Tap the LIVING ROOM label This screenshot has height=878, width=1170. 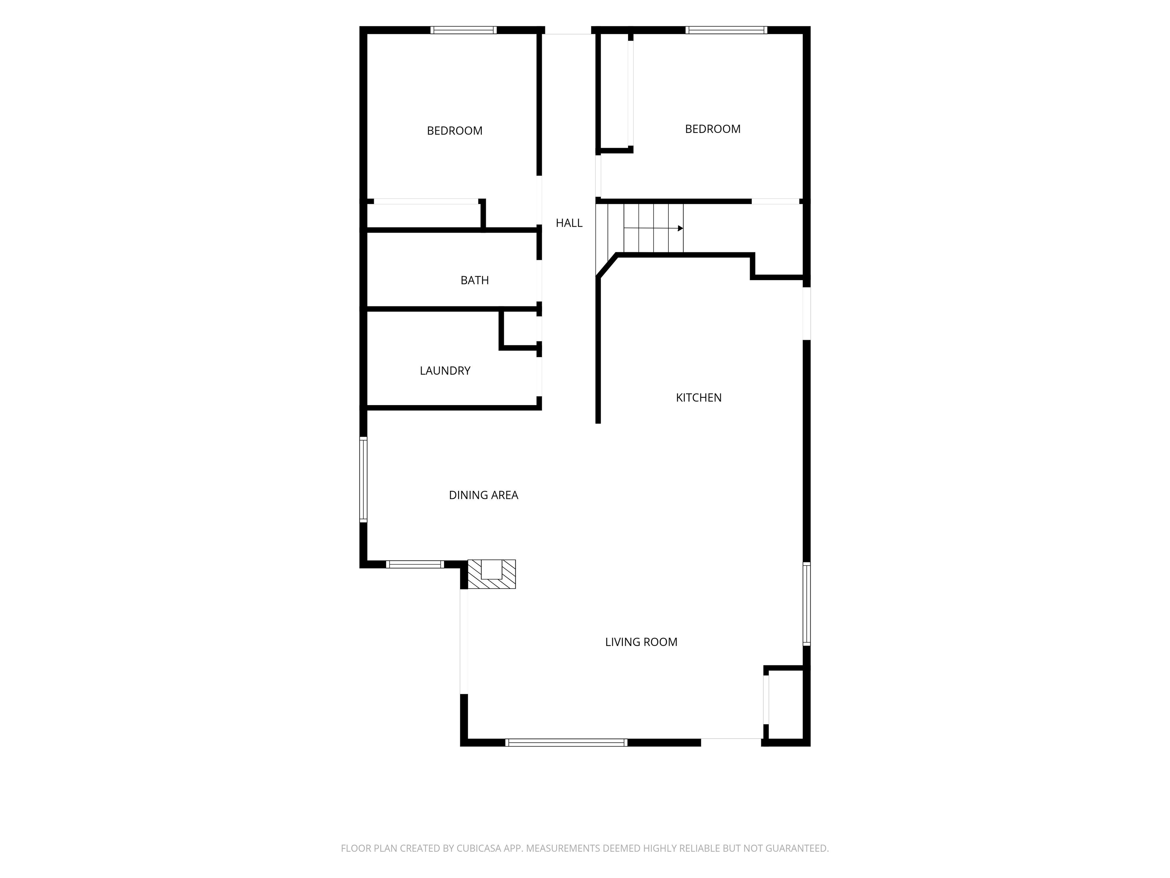[x=641, y=642]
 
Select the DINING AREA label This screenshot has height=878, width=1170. [x=483, y=495]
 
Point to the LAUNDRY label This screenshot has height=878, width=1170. [x=445, y=370]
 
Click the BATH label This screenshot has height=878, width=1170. [x=475, y=280]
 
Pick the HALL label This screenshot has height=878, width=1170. [x=569, y=223]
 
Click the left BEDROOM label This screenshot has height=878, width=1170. [x=454, y=131]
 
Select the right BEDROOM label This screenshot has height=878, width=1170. [x=713, y=128]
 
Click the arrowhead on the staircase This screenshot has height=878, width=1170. [x=680, y=229]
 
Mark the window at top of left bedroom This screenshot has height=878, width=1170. [x=464, y=30]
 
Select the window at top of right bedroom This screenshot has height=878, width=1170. [x=726, y=30]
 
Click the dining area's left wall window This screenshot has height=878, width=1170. [x=363, y=479]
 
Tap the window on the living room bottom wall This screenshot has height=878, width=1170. [x=566, y=742]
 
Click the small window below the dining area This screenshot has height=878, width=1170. [x=415, y=564]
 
